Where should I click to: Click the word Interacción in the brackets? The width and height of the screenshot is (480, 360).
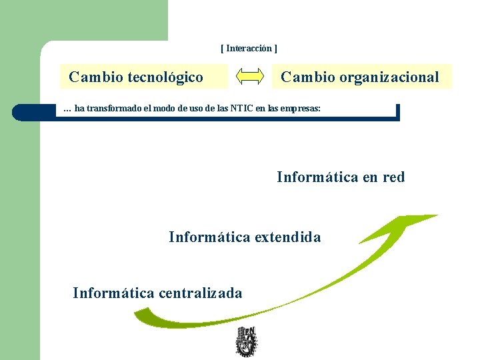[x=249, y=49]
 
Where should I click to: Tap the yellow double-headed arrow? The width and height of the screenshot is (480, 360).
[x=251, y=77]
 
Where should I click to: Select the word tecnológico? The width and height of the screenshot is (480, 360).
[x=165, y=77]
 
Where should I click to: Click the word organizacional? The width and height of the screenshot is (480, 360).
[x=389, y=77]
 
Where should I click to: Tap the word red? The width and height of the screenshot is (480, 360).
[x=393, y=177]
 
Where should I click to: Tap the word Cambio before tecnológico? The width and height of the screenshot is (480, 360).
[x=95, y=77]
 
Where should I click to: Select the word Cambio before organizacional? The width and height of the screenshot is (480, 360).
[x=307, y=77]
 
